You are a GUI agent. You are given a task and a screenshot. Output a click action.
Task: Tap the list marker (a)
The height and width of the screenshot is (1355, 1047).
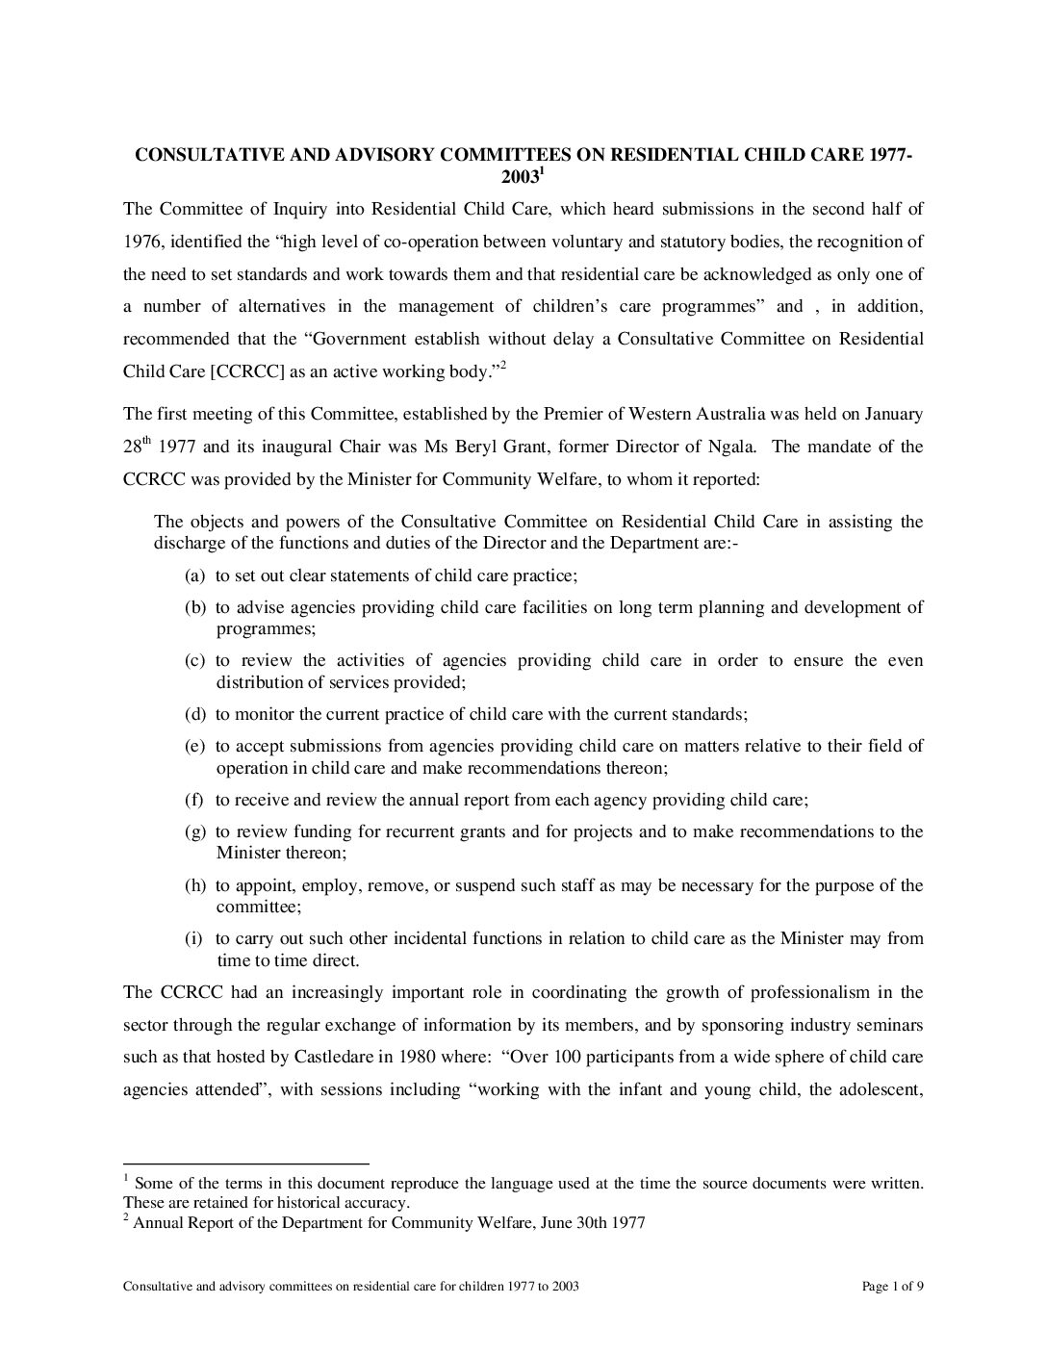[194, 575]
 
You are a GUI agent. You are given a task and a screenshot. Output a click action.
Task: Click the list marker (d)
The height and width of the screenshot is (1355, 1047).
[194, 714]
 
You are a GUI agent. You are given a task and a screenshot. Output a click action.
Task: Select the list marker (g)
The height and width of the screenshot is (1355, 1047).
[194, 831]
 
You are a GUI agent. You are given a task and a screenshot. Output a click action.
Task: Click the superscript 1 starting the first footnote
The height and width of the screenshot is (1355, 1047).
[126, 1178]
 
